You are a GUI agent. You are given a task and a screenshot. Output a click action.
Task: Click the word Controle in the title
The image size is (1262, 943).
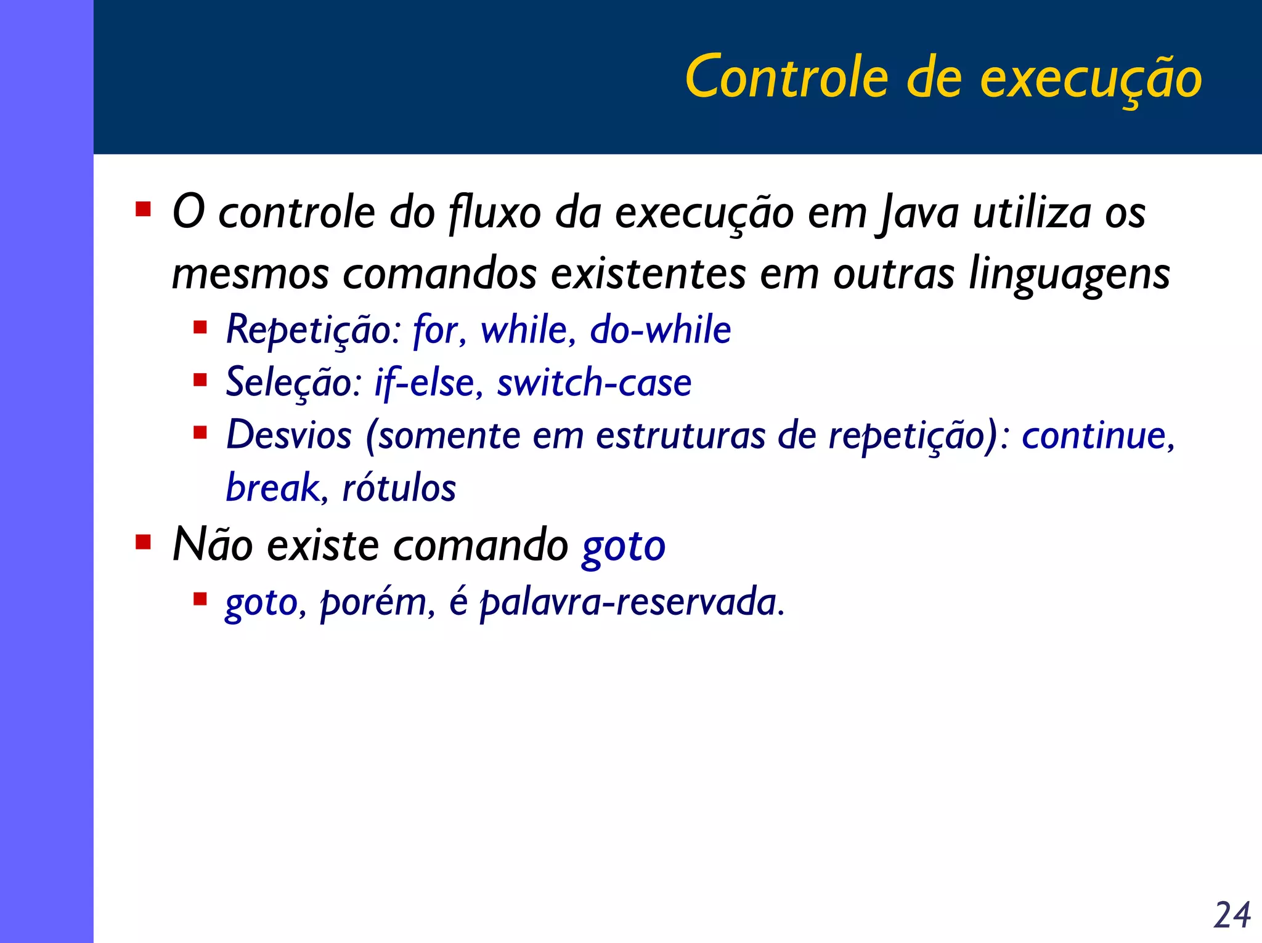(x=786, y=78)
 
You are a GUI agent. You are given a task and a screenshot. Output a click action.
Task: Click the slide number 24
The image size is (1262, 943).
(x=1232, y=915)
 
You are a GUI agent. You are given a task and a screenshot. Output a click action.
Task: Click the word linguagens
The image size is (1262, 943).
(x=1069, y=273)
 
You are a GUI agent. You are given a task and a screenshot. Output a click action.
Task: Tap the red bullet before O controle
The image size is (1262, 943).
(x=143, y=209)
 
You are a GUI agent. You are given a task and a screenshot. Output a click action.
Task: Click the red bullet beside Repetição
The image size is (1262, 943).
(x=200, y=326)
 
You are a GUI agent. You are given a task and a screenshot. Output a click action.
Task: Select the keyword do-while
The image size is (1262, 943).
(x=660, y=330)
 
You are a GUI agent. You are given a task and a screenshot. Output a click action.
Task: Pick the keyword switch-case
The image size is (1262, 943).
(x=594, y=382)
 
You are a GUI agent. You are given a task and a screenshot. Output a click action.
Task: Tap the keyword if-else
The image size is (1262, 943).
(x=425, y=382)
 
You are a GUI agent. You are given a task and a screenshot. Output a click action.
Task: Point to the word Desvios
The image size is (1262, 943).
(x=288, y=435)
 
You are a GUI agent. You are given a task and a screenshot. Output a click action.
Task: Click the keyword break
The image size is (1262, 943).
(x=272, y=488)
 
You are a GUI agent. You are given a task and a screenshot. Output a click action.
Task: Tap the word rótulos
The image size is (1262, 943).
(x=399, y=488)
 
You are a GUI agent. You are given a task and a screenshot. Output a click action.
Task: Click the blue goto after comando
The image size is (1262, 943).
(x=624, y=546)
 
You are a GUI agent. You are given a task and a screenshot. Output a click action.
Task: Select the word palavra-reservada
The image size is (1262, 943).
(x=631, y=602)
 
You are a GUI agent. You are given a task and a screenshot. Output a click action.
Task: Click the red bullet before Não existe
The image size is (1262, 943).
(x=143, y=543)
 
